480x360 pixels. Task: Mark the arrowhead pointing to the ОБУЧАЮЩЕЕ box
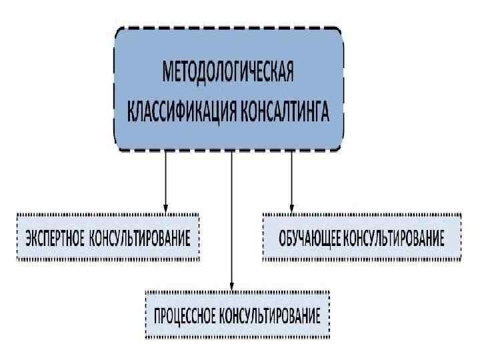click(x=291, y=208)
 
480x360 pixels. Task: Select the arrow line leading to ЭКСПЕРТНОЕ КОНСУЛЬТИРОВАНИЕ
click(x=165, y=177)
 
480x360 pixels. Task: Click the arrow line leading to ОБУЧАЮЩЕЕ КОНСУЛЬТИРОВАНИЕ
click(x=291, y=177)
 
